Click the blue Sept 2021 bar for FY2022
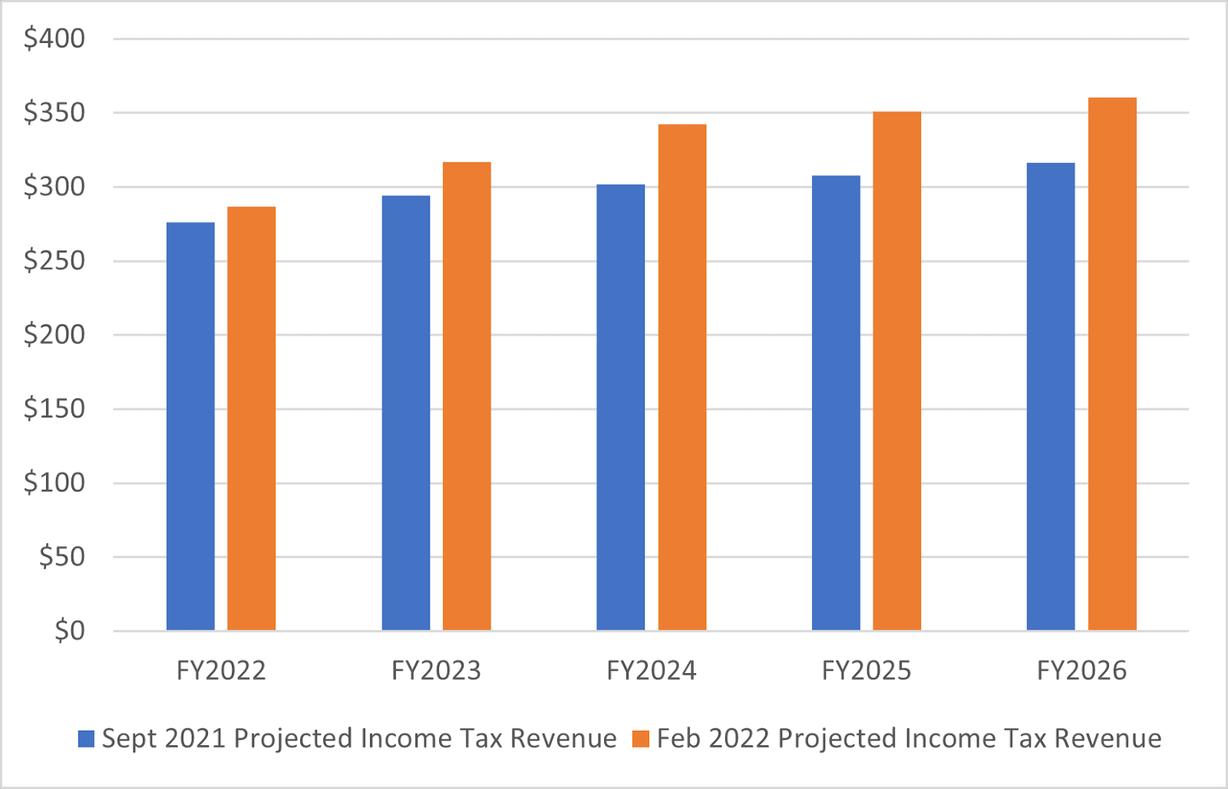190,426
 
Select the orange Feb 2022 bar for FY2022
251,418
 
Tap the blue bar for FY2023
406,413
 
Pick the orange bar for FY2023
467,396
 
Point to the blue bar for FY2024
621,408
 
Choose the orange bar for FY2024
682,378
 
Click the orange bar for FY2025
897,371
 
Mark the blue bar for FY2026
1051,397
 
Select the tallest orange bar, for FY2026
1112,365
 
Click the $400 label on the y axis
54,38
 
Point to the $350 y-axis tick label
54,113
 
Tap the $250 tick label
54,261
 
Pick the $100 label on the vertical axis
54,483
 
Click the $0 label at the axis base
69,631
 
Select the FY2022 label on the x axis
221,671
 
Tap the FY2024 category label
652,671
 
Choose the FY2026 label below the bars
1081,671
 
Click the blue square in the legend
87,739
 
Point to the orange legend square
641,739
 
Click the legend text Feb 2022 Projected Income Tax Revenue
909,738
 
